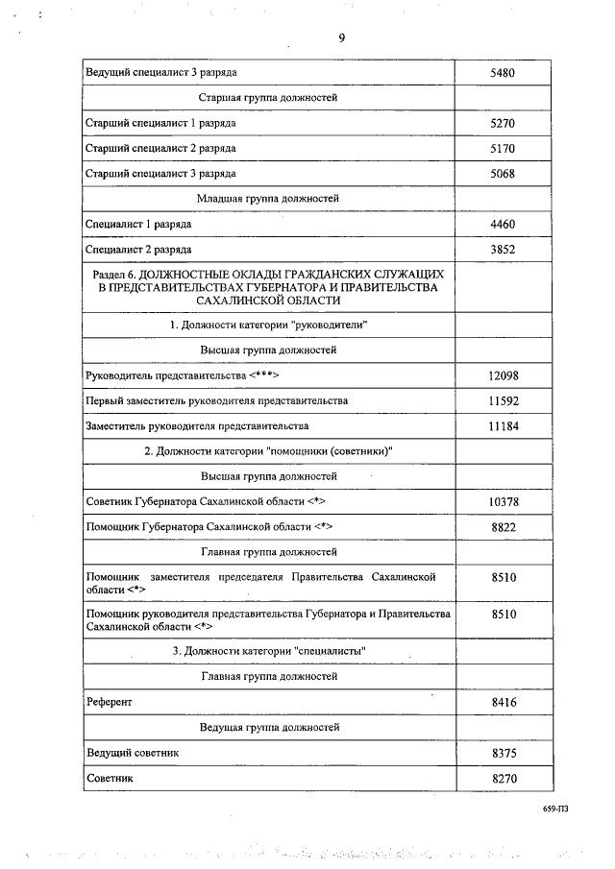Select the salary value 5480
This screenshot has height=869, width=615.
[x=504, y=73]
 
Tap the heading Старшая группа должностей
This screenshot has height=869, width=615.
[x=268, y=98]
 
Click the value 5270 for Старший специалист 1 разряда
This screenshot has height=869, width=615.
[x=504, y=124]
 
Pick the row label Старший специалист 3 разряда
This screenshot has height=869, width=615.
[x=160, y=174]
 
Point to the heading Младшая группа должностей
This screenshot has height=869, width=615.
[x=268, y=199]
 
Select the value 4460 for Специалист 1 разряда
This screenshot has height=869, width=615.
[x=504, y=224]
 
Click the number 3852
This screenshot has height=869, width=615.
[x=504, y=249]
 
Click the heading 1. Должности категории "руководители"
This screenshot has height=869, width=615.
[x=268, y=326]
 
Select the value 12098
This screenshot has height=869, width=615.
[x=504, y=375]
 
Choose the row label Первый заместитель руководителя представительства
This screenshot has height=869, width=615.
[x=216, y=400]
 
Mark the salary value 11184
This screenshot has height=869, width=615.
[x=504, y=425]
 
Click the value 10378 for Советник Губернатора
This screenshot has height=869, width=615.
[x=504, y=502]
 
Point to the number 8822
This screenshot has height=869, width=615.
[x=504, y=527]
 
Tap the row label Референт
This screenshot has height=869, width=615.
[x=109, y=703]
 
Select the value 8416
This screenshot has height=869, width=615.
[x=504, y=703]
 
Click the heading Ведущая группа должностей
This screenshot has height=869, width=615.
[x=268, y=728]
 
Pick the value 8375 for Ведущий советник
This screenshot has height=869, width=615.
[x=504, y=754]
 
